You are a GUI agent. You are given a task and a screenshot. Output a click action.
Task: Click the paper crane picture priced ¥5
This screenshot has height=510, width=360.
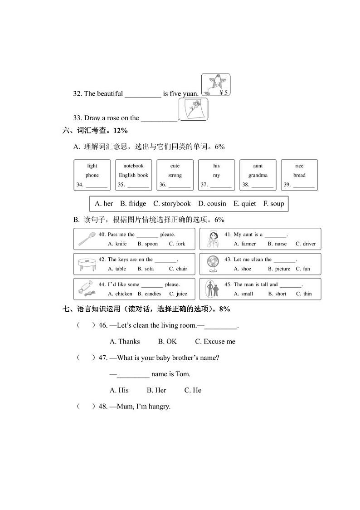pos(215,84)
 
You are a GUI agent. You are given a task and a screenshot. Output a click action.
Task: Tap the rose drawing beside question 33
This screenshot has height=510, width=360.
pos(193,109)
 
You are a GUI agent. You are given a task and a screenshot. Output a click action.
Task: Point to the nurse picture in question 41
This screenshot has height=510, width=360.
pos(212,239)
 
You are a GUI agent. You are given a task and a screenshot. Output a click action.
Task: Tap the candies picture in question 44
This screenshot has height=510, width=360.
pos(86,289)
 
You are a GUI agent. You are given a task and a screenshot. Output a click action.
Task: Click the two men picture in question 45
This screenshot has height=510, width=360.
pos(212,289)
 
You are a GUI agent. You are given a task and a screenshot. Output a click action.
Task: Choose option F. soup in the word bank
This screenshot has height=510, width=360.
pos(273,204)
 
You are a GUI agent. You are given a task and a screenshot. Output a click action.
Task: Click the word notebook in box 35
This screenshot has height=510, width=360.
pos(133,166)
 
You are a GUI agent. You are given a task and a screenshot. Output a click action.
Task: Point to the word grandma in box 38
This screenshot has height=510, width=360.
pos(258,175)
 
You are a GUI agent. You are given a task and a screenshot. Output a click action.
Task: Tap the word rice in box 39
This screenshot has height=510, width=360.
pos(299,166)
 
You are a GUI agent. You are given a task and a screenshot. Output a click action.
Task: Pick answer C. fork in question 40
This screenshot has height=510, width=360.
pos(177,244)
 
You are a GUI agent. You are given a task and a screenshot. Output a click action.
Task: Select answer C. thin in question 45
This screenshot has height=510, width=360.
pos(304,294)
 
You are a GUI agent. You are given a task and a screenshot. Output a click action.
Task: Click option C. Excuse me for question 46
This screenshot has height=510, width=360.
pos(215,342)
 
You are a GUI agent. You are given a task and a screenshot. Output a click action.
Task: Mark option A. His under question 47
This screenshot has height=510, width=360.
pos(119,390)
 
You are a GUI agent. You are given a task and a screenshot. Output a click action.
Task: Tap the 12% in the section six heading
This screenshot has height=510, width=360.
pos(121,131)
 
